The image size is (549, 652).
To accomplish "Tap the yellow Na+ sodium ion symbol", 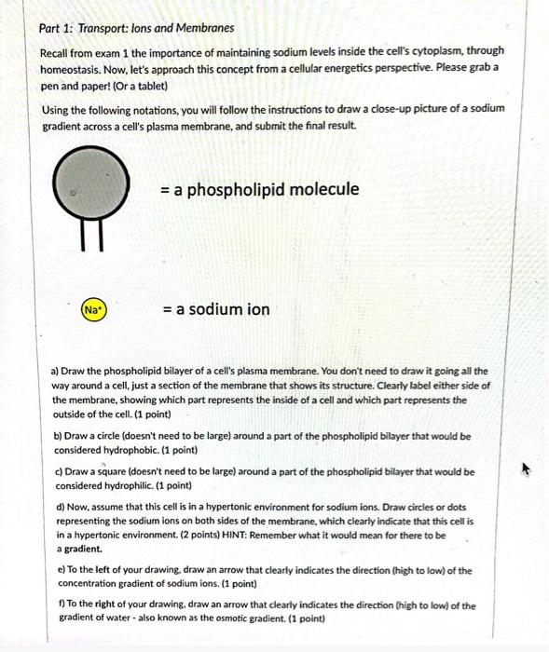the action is pos(93,308).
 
